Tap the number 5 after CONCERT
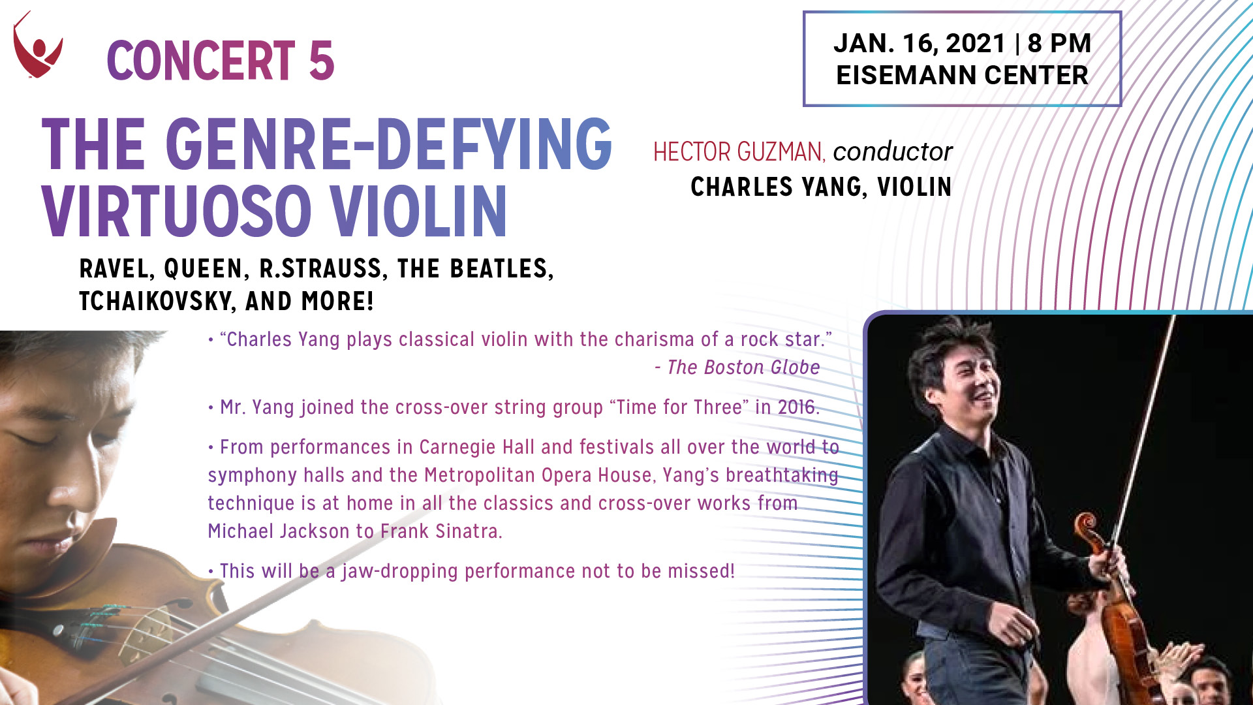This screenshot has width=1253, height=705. (322, 61)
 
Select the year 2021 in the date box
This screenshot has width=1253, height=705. (976, 44)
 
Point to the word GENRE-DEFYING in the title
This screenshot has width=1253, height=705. (389, 144)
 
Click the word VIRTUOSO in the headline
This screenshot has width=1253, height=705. (177, 211)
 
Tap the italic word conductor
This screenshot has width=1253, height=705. (893, 152)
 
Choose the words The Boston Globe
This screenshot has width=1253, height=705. (743, 368)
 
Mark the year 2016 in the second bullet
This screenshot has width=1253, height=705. (798, 407)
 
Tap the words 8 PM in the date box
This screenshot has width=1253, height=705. (1059, 44)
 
